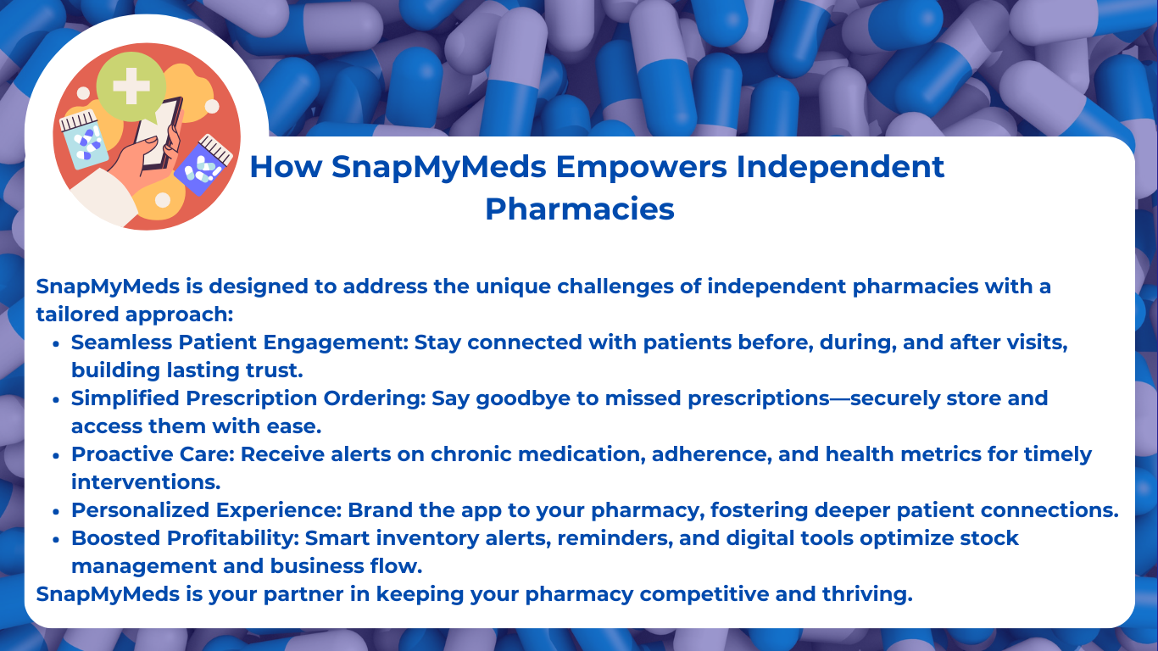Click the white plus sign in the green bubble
click(131, 86)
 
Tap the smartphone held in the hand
click(159, 133)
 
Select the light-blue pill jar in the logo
click(83, 140)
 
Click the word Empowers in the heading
click(641, 168)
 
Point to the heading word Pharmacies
click(580, 209)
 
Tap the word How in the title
click(287, 167)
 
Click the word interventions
click(146, 482)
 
